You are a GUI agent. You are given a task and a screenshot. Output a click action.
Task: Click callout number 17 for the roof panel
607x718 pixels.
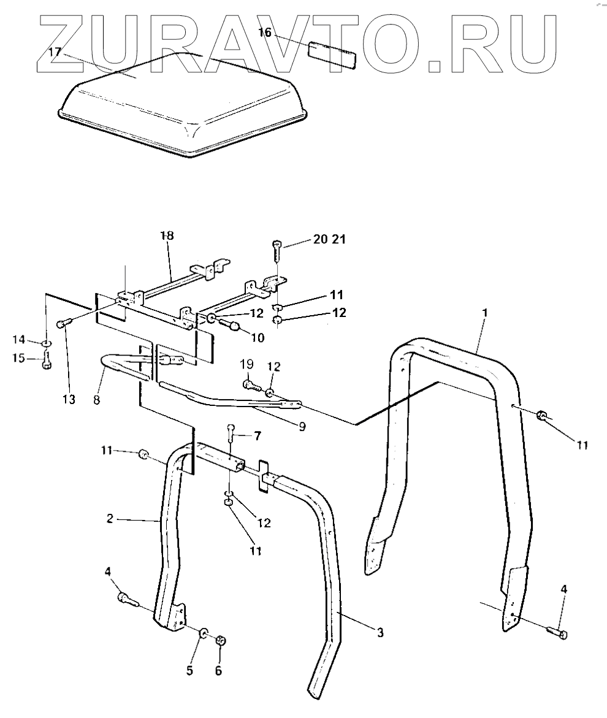[55, 52]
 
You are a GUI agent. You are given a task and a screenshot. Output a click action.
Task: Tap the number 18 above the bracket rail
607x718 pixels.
[167, 236]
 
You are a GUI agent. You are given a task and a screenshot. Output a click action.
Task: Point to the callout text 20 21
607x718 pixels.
[329, 240]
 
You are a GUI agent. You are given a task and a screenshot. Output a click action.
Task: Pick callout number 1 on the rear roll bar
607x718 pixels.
[484, 313]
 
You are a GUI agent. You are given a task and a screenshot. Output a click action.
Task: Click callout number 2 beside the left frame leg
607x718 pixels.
[110, 518]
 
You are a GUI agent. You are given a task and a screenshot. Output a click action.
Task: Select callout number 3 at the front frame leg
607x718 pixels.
[380, 633]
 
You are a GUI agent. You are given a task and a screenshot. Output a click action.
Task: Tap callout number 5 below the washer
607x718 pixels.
[189, 670]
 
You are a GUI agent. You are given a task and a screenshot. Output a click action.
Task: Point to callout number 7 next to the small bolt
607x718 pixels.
[258, 436]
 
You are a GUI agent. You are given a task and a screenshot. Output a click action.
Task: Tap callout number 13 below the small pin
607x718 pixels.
[69, 400]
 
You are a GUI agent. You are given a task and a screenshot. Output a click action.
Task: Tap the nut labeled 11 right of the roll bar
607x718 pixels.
[543, 416]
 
